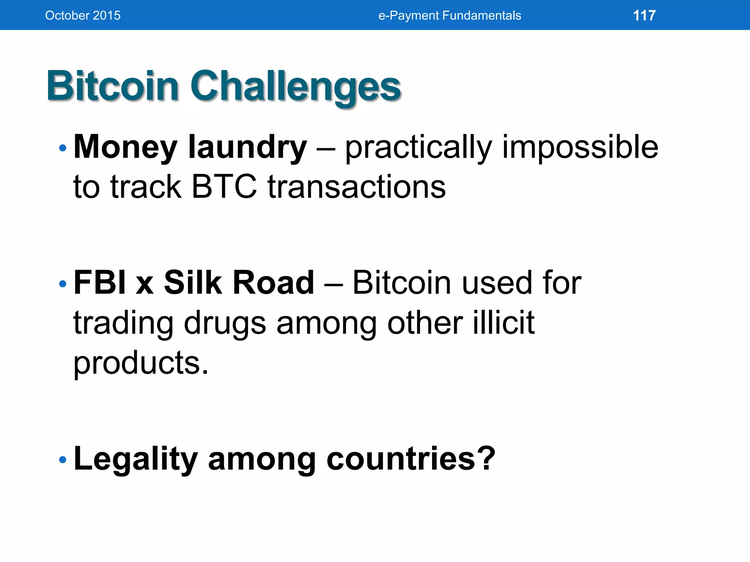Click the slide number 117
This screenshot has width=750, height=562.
[644, 15]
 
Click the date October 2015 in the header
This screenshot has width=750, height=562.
[83, 15]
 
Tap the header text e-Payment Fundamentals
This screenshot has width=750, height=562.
[449, 15]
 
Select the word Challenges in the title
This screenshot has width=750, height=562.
[295, 87]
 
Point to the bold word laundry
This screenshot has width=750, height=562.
[247, 147]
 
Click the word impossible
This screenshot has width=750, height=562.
[580, 147]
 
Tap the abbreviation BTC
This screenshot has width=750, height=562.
[224, 187]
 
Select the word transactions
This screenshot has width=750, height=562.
[357, 187]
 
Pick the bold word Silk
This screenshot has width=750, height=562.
[193, 282]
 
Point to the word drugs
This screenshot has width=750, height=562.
[224, 323]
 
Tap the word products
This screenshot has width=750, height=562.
[141, 363]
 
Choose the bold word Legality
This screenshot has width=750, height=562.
[135, 459]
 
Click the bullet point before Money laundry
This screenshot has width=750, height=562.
[63, 148]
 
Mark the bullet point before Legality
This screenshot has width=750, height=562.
[63, 460]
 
